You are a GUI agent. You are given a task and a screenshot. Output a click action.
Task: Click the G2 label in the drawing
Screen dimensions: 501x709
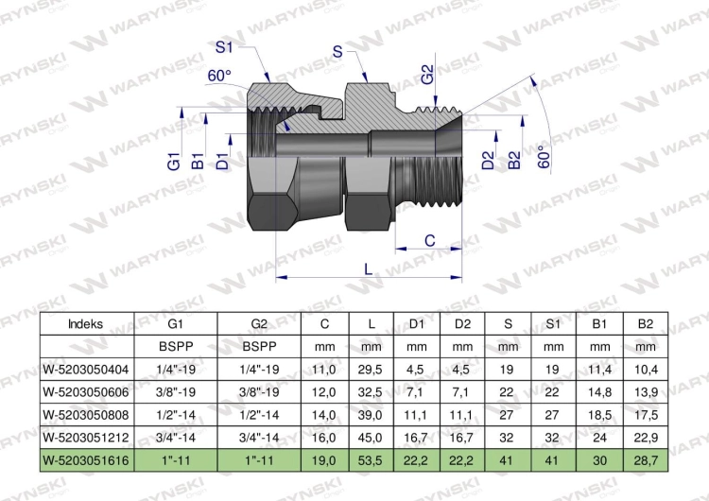point(427,75)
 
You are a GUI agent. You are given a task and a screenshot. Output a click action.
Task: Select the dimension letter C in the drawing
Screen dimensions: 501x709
point(429,241)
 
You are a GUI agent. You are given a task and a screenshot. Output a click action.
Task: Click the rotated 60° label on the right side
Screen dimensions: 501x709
point(543,156)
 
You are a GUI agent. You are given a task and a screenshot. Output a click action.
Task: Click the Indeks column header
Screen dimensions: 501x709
point(86,323)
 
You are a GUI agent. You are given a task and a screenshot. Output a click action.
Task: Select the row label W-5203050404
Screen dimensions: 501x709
point(86,369)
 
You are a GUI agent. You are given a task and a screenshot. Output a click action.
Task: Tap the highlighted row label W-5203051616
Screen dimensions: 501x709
point(86,459)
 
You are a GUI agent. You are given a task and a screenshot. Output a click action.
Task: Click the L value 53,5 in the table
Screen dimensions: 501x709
point(371,459)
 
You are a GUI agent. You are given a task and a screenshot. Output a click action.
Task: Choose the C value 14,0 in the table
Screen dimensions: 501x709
point(324,414)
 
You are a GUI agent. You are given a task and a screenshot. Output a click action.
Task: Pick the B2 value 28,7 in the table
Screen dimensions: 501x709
point(645,459)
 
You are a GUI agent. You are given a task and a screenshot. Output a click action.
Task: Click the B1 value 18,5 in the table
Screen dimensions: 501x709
point(599,414)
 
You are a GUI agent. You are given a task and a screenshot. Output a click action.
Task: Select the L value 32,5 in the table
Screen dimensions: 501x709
point(371,391)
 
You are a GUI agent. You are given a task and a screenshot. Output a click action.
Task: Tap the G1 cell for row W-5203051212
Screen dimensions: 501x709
point(175,437)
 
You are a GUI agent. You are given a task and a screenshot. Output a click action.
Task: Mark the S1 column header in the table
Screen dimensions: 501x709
point(554,323)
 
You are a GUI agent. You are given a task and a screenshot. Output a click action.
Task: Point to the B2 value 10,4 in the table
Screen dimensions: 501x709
point(645,369)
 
